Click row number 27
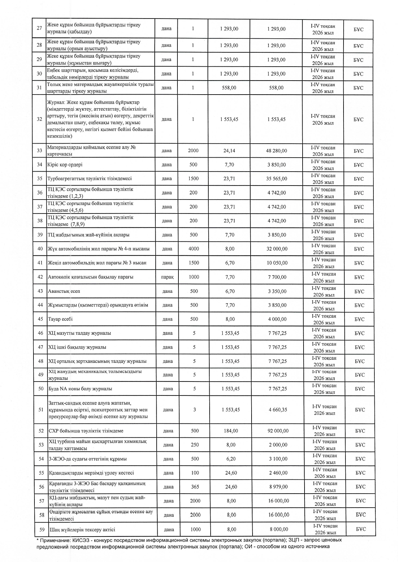(39, 28)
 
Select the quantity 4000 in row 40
(194, 249)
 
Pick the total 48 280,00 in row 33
(277, 151)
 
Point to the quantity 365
(195, 487)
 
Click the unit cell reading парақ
(167, 277)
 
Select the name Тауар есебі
(60, 319)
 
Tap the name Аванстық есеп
(64, 291)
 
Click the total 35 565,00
(277, 179)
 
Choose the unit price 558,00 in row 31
(229, 88)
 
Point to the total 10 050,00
(277, 263)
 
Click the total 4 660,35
(278, 410)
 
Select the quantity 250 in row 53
(195, 445)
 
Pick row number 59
(42, 529)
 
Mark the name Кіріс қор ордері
(65, 165)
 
